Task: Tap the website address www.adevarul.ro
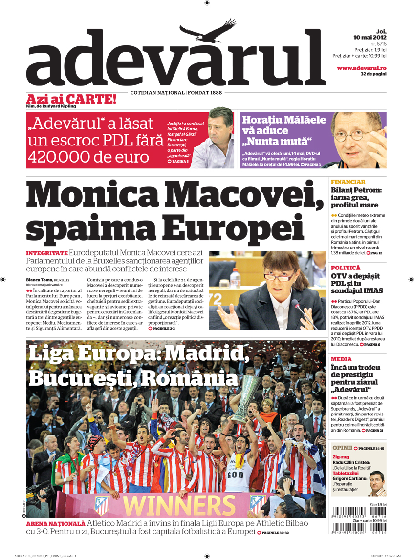click(362, 68)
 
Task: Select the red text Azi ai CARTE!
click(71, 99)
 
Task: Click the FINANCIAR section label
click(349, 182)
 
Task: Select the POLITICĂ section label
click(346, 268)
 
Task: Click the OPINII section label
click(343, 448)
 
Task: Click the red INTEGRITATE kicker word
click(46, 254)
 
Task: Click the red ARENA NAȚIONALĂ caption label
click(56, 523)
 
